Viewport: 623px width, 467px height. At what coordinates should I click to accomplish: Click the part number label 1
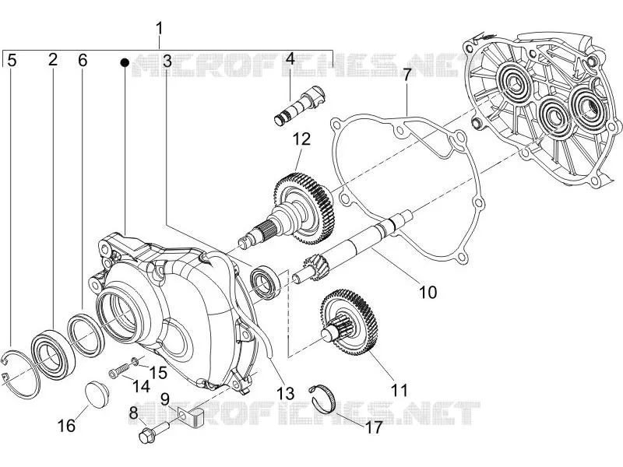click(x=160, y=30)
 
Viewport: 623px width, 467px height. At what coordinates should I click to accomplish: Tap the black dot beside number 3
click(x=125, y=62)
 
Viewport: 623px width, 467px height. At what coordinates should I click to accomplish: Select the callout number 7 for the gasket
click(x=406, y=75)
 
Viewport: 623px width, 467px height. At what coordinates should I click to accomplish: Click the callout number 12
click(x=301, y=139)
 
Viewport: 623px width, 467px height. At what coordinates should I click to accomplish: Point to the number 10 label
click(x=428, y=293)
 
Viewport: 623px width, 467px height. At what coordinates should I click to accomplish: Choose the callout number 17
click(x=374, y=427)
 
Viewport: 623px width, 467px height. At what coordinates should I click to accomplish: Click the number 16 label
click(x=66, y=426)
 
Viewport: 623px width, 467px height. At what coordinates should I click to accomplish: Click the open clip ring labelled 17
click(x=322, y=399)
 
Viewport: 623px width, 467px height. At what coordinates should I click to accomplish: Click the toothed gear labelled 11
click(x=349, y=322)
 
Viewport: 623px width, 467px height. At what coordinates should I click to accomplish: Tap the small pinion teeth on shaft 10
click(x=315, y=269)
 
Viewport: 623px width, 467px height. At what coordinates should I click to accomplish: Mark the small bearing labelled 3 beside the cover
click(x=265, y=283)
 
